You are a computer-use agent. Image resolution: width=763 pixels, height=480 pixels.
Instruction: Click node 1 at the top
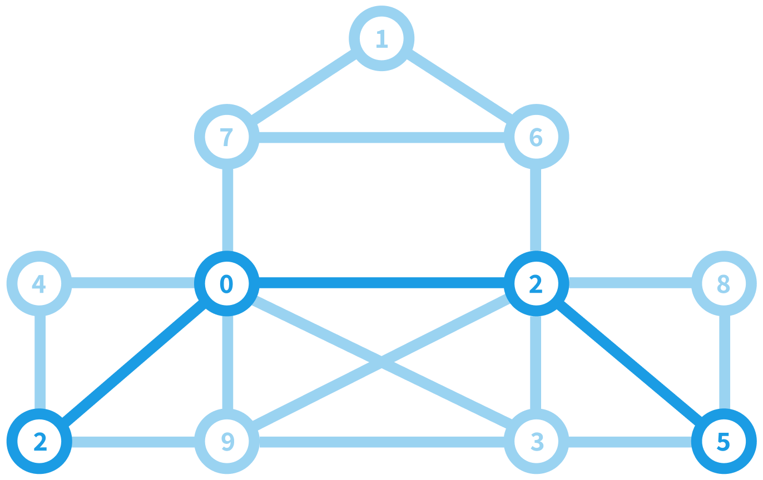point(381,38)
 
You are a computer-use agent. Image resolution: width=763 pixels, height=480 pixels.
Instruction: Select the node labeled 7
point(226,137)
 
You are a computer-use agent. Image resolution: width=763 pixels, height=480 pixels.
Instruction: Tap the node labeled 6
point(536,137)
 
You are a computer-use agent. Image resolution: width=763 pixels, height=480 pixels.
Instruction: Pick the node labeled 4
point(39,283)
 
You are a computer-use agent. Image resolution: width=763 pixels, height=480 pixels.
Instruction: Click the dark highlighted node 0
point(226,283)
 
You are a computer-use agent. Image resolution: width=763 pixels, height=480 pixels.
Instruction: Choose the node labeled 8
point(724,283)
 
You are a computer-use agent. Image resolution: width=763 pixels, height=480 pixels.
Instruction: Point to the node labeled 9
point(226,442)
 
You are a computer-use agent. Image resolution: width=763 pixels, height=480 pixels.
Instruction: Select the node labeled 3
point(536,442)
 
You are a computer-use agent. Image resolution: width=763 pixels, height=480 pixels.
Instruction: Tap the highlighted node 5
point(724,442)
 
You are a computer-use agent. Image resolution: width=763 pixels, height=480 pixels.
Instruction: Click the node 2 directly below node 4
point(39,442)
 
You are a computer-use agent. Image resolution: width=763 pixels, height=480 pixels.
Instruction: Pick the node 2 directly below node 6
point(536,283)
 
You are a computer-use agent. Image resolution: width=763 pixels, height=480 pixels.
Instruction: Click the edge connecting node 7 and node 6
point(381,137)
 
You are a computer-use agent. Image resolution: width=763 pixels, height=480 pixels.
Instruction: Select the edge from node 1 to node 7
point(304,88)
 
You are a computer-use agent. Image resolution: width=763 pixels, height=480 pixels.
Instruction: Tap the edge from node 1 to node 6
point(459,88)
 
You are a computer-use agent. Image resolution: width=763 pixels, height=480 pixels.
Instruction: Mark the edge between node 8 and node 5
point(724,362)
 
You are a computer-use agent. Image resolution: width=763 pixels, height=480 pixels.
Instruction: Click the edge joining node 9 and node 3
point(381,442)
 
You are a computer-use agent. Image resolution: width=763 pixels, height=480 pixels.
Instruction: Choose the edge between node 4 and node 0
point(132,283)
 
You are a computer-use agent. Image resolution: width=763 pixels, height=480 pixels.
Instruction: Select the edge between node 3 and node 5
point(630,442)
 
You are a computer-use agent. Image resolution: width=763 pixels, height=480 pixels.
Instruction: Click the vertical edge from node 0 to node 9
point(227,362)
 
